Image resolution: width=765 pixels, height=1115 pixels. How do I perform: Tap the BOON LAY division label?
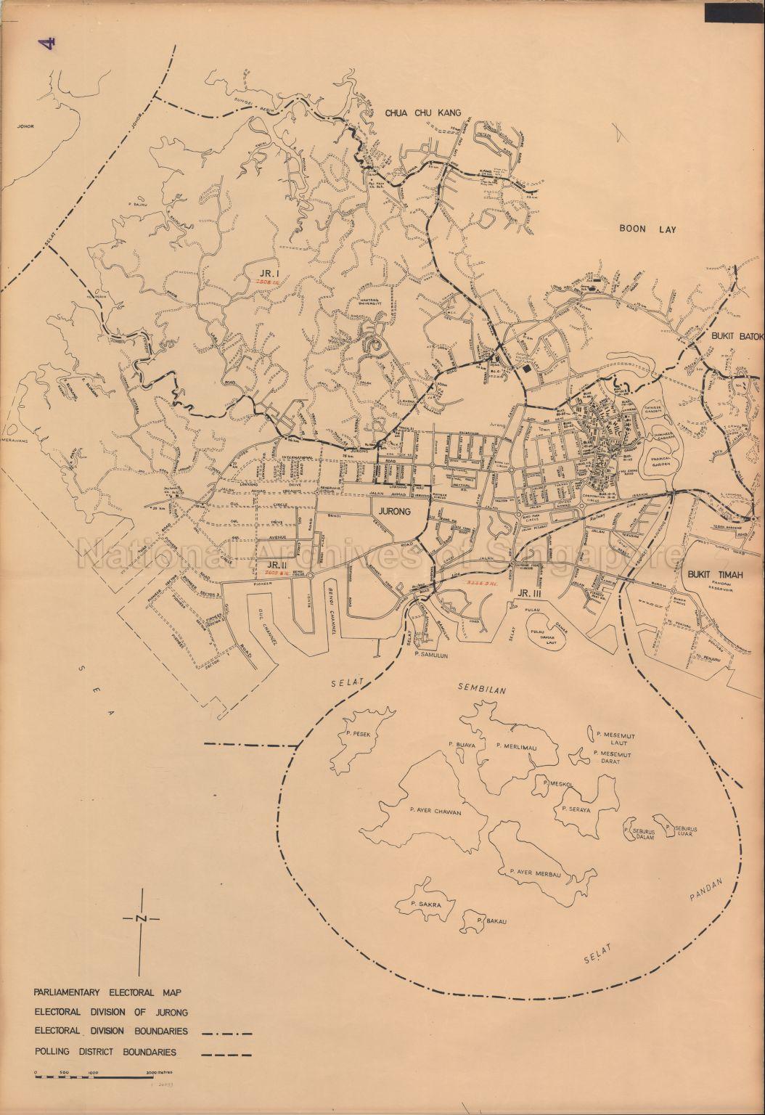tap(647, 229)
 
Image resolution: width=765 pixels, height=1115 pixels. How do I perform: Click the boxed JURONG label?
tap(394, 511)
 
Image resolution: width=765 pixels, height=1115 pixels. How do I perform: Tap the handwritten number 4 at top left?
tap(49, 44)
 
